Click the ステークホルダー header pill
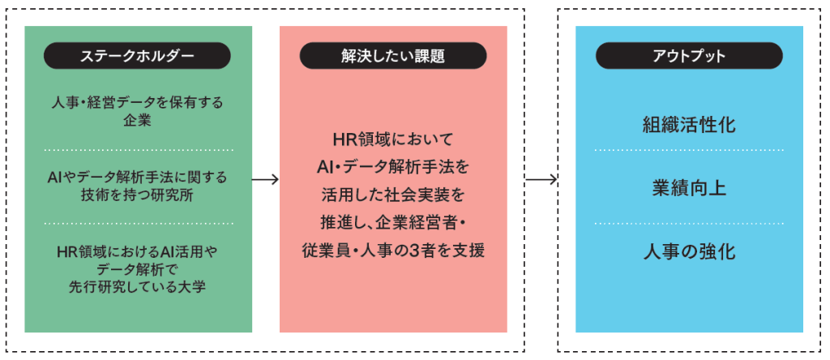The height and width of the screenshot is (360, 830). pyautogui.click(x=137, y=56)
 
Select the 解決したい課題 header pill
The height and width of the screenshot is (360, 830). pyautogui.click(x=393, y=56)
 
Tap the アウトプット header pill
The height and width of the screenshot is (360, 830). pyautogui.click(x=689, y=56)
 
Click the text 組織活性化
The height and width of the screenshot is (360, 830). pyautogui.click(x=689, y=125)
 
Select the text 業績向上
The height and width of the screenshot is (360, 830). pyautogui.click(x=689, y=187)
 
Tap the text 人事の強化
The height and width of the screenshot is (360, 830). pyautogui.click(x=689, y=251)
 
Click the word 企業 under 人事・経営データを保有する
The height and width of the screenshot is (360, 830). pyautogui.click(x=137, y=121)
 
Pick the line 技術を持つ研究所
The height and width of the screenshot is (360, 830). pyautogui.click(x=137, y=195)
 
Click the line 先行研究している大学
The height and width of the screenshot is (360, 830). pyautogui.click(x=137, y=285)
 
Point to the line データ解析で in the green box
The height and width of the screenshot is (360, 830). pyautogui.click(x=137, y=268)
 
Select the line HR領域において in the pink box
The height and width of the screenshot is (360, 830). pyautogui.click(x=393, y=139)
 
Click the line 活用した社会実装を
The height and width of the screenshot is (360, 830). pyautogui.click(x=393, y=195)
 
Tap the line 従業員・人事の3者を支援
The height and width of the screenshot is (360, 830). pyautogui.click(x=393, y=251)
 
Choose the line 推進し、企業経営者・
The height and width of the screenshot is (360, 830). pyautogui.click(x=393, y=222)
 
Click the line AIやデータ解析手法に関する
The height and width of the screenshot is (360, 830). pyautogui.click(x=137, y=177)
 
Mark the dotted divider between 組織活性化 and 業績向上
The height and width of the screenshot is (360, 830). pyautogui.click(x=689, y=151)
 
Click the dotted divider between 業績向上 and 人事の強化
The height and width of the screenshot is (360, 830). pyautogui.click(x=689, y=222)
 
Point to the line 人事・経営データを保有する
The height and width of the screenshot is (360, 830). pyautogui.click(x=137, y=103)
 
